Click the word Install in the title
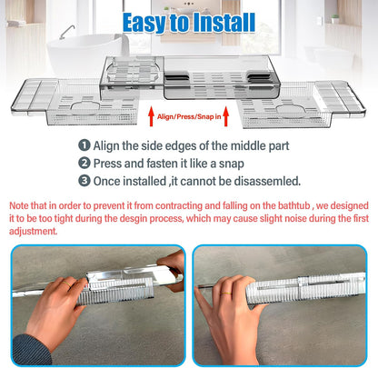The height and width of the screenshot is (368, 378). pyautogui.click(x=224, y=23)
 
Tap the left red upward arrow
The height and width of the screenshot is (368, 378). pyautogui.click(x=151, y=116)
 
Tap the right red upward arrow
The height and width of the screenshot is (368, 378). pyautogui.click(x=225, y=116)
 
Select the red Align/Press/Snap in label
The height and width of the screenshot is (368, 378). pyautogui.click(x=189, y=116)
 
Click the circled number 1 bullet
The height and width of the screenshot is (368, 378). pyautogui.click(x=85, y=145)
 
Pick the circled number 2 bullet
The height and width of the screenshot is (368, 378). pyautogui.click(x=85, y=163)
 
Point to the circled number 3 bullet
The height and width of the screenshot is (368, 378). pyautogui.click(x=85, y=181)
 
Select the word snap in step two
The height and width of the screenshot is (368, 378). pyautogui.click(x=232, y=164)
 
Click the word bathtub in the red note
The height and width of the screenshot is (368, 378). pyautogui.click(x=294, y=205)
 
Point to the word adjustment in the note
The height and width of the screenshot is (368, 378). pyautogui.click(x=33, y=231)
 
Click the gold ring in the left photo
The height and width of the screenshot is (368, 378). pyautogui.click(x=66, y=284)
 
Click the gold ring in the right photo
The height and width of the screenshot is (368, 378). pyautogui.click(x=225, y=293)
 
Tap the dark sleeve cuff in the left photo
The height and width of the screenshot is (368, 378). pyautogui.click(x=30, y=350)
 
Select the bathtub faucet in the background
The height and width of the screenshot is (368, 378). pyautogui.click(x=67, y=32)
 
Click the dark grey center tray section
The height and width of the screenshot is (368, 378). pyautogui.click(x=222, y=77)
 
